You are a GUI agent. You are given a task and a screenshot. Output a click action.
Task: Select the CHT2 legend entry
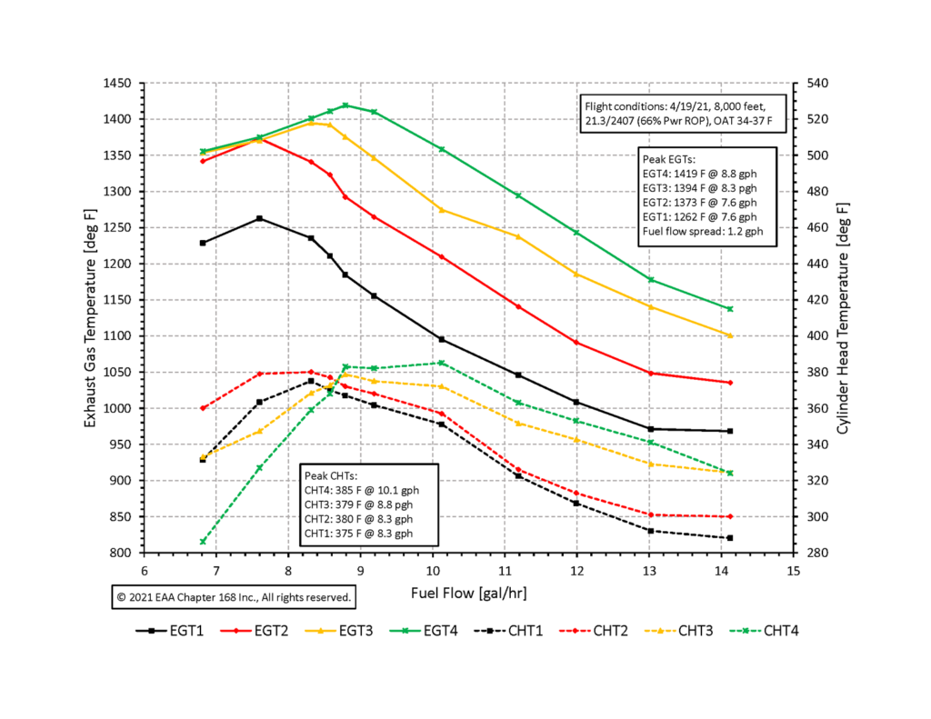[x=601, y=630]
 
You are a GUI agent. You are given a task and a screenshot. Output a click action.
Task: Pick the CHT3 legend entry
[x=691, y=630]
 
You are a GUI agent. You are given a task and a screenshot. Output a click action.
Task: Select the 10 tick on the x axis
[x=432, y=571]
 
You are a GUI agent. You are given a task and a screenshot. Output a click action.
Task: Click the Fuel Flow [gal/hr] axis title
[x=468, y=594]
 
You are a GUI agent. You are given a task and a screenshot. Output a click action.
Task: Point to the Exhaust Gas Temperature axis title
[x=91, y=318]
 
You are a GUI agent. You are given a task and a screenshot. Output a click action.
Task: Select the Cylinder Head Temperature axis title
[x=845, y=318]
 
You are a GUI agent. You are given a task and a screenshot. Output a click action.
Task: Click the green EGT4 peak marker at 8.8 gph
[x=345, y=105]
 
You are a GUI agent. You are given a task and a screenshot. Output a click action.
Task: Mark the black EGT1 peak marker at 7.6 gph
[x=259, y=218]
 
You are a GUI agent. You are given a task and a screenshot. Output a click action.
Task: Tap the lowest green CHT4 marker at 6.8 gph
[x=203, y=542]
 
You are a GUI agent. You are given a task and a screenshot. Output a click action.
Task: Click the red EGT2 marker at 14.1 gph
[x=730, y=383]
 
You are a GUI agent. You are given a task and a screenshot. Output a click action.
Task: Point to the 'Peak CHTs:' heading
[x=331, y=475]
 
